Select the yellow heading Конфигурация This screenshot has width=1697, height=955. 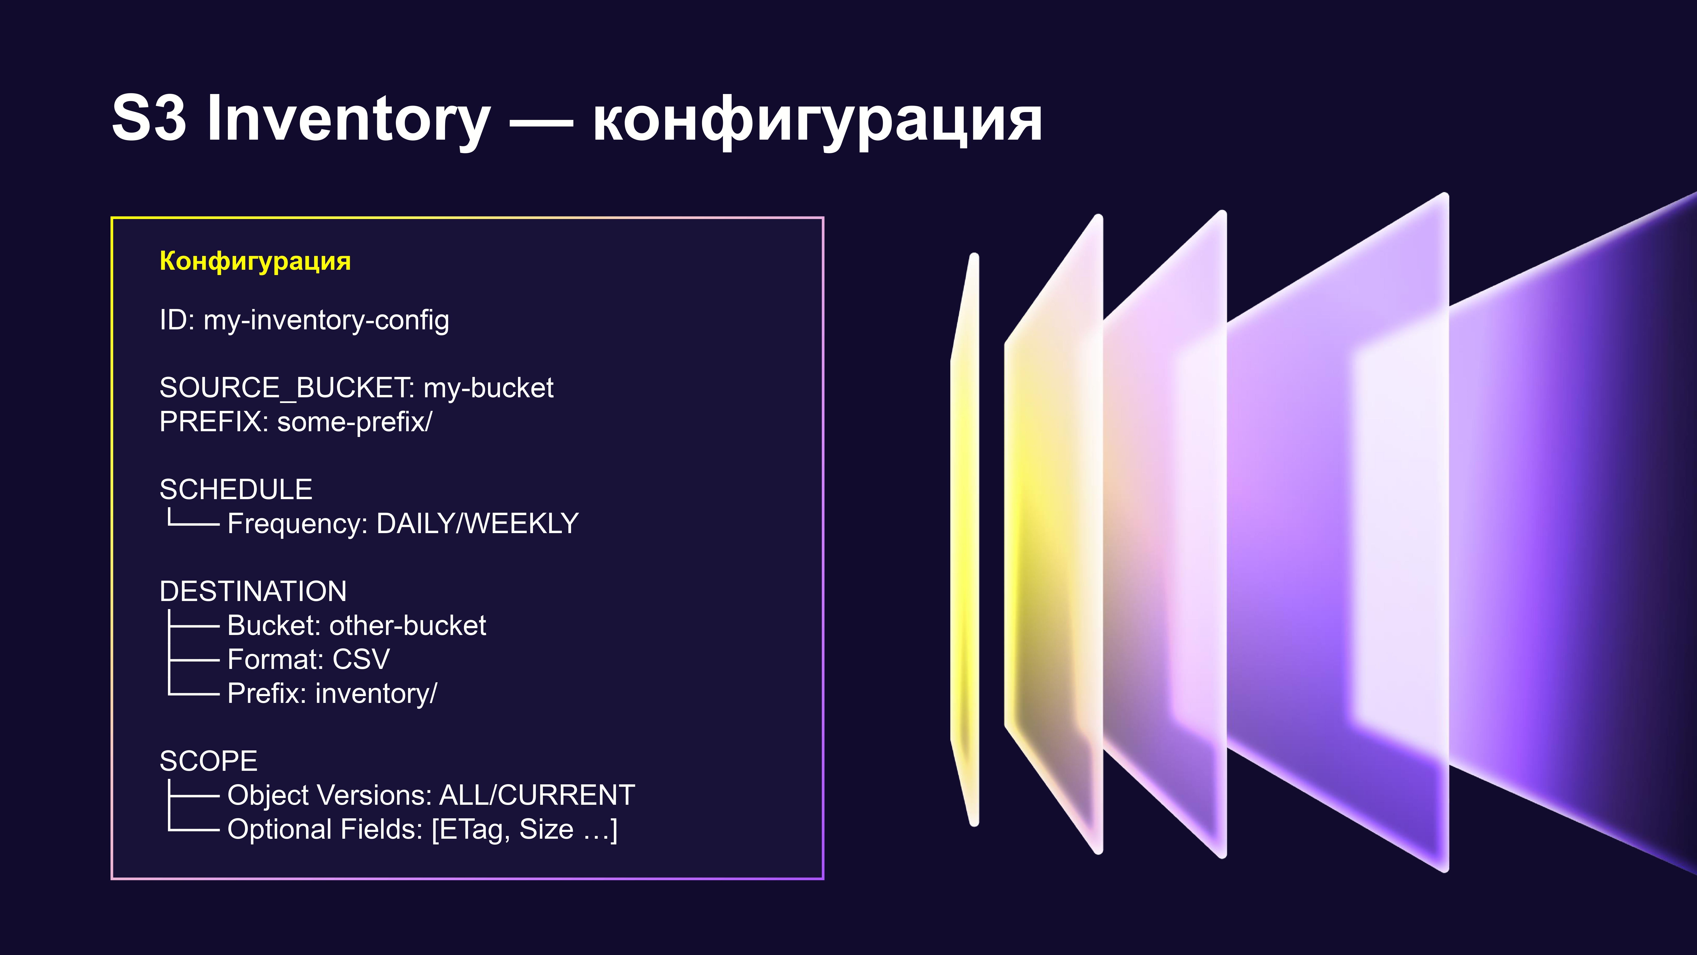(x=255, y=261)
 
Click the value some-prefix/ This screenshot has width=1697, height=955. (x=354, y=422)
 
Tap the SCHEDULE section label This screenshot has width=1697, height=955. (x=236, y=489)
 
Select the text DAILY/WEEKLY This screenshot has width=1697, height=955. (x=477, y=523)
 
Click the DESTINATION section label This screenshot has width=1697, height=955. (x=253, y=591)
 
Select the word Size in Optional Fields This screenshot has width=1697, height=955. (x=546, y=829)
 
